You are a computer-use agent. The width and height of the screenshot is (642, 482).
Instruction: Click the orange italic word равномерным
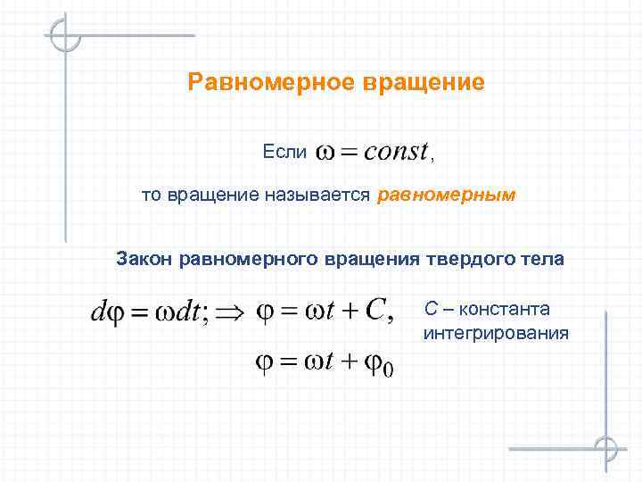pos(447,195)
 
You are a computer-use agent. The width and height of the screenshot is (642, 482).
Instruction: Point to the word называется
pos(317,195)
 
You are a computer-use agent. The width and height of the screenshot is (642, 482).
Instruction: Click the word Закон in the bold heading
pos(144,259)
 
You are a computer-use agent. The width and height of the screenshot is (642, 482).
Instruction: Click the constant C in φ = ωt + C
pos(376,312)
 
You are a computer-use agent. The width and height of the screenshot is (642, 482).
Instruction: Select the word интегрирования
pos(495,333)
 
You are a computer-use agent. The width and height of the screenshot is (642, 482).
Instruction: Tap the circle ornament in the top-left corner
pos(65,36)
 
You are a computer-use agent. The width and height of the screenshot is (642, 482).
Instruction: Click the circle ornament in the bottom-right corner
pos(605,448)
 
